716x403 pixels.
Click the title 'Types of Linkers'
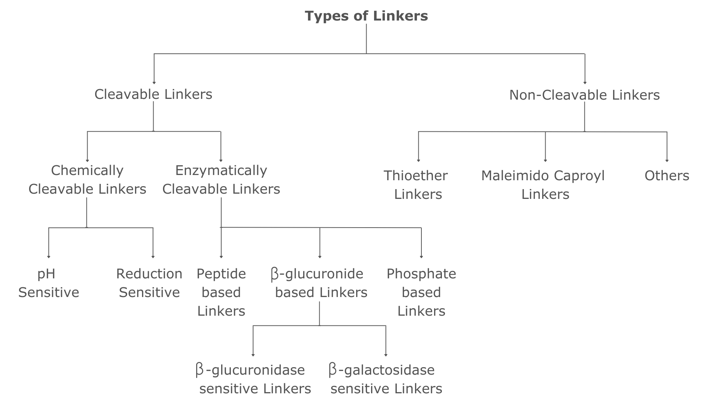coord(366,16)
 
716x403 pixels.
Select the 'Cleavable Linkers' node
coord(153,94)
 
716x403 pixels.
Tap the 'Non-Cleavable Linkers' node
coord(584,95)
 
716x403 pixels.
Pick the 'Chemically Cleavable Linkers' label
coord(87,179)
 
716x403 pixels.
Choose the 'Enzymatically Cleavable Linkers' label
coord(221,179)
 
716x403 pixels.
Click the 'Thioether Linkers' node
coord(416,185)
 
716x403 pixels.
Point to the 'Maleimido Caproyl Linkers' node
coord(543,185)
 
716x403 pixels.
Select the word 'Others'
coord(667,176)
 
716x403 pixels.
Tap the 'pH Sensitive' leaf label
coord(48,283)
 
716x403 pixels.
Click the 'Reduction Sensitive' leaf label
coord(149,283)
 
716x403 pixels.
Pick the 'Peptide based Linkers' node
coord(221,292)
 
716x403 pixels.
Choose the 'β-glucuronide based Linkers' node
coord(319,283)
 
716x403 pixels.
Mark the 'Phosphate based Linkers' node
coord(421,292)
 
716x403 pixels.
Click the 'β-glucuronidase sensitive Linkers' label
coord(253,379)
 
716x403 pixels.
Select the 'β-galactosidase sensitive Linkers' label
coord(386,379)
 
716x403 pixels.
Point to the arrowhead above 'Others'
coord(667,160)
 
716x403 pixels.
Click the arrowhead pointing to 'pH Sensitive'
coord(48,257)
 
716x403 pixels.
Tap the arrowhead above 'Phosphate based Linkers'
coord(421,257)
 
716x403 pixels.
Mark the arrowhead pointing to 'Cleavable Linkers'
coord(154,83)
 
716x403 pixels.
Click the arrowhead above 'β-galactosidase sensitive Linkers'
coord(386,355)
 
